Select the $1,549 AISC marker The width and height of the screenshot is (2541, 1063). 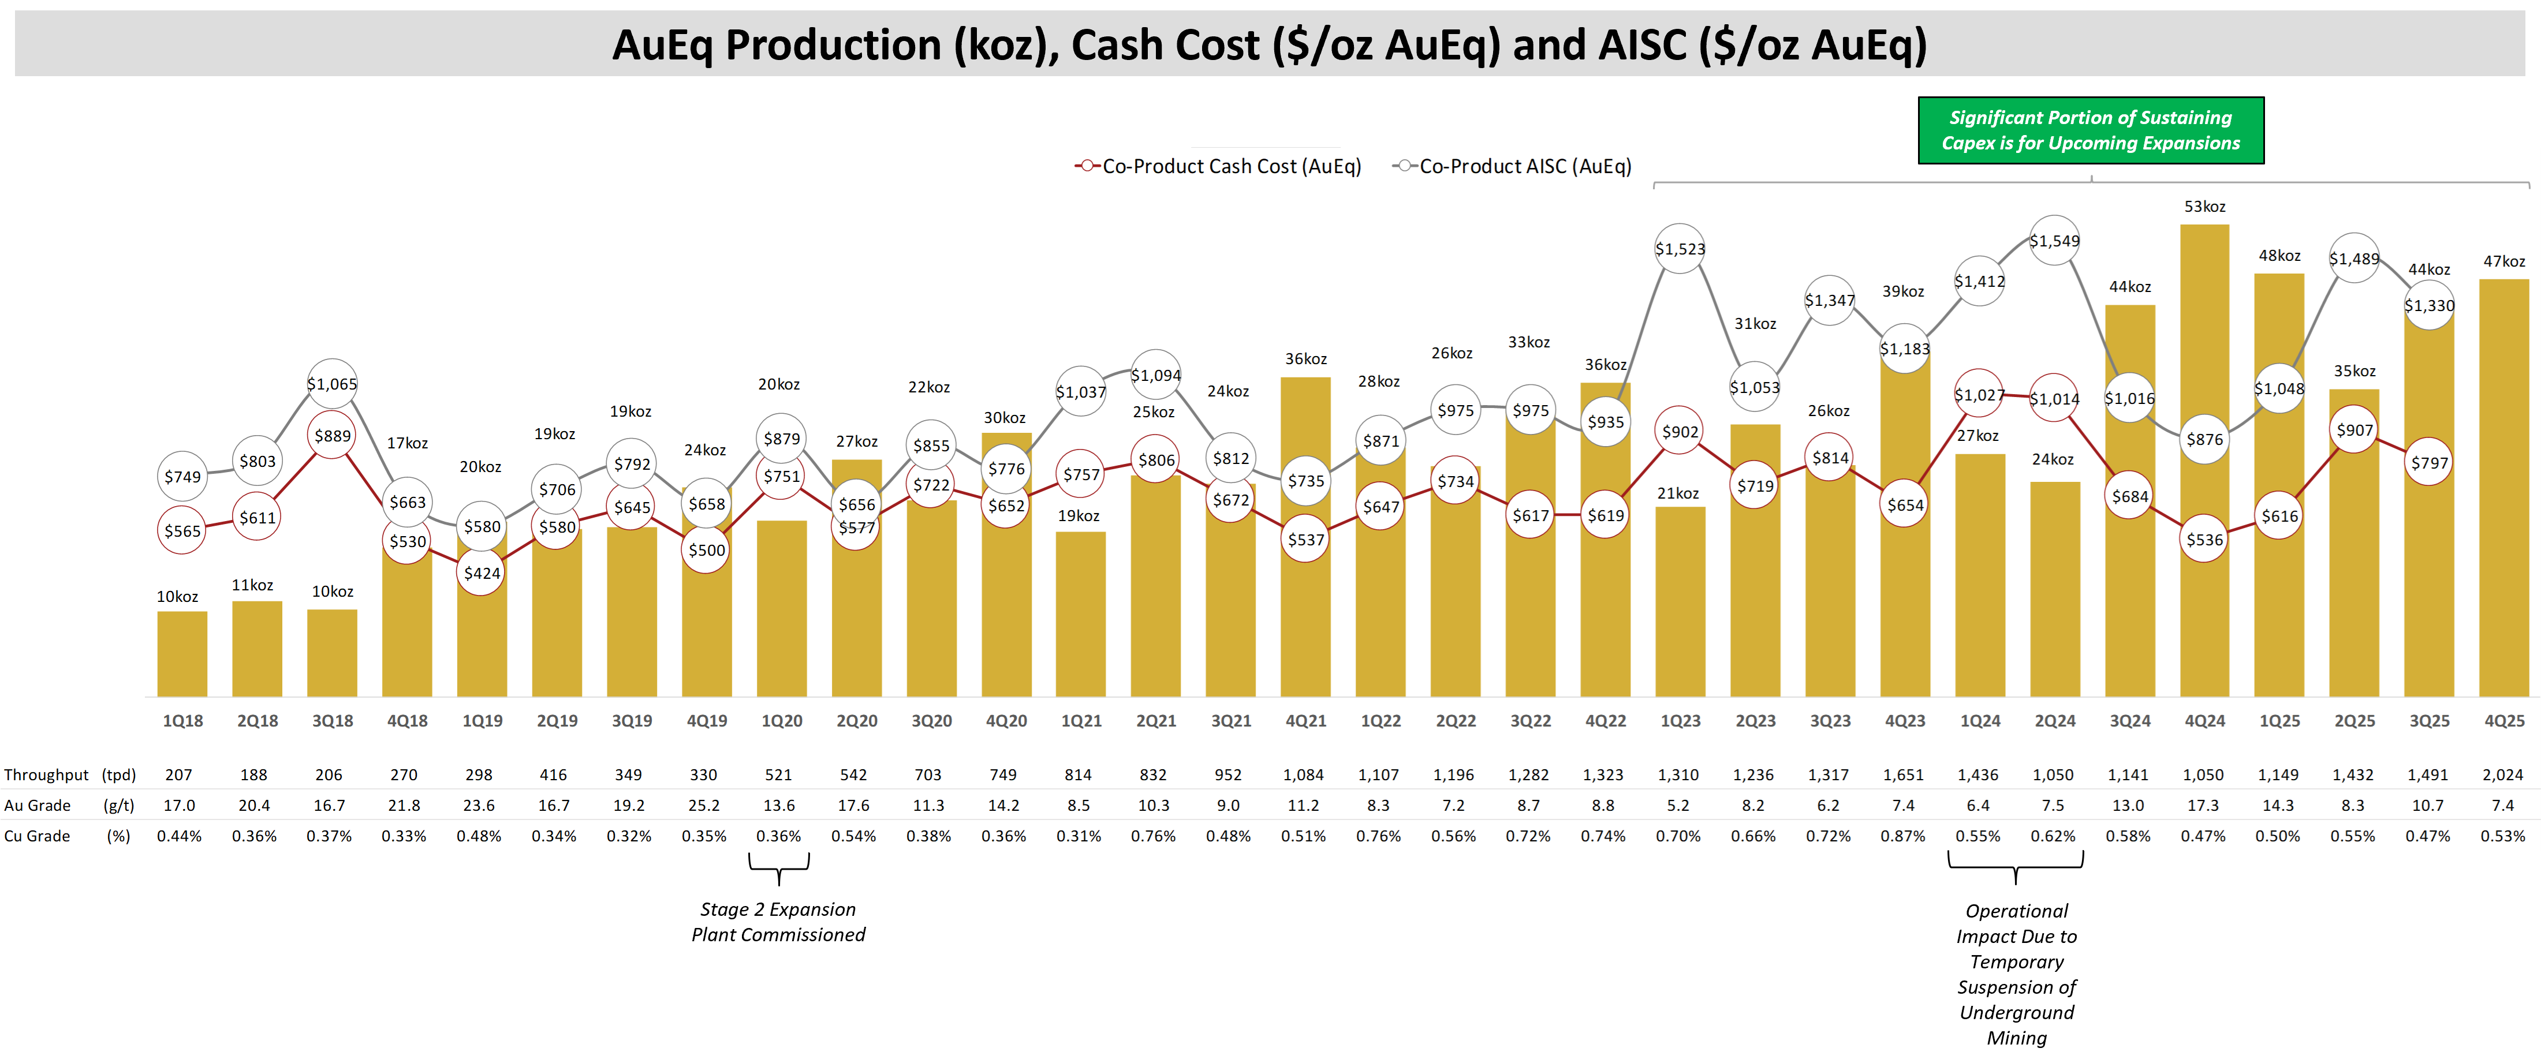point(2055,241)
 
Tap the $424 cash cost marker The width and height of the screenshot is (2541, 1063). point(482,573)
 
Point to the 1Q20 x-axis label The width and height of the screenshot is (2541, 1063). point(781,721)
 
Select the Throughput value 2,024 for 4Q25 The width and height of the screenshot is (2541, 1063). point(2502,775)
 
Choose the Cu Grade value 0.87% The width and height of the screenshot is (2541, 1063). point(1903,836)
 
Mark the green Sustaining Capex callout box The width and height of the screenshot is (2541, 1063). point(2090,130)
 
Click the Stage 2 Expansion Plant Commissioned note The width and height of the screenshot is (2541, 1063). point(778,922)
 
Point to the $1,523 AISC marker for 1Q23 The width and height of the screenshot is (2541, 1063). point(1680,249)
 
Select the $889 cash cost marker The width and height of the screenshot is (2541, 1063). point(333,436)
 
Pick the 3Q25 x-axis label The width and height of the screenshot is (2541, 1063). point(2428,721)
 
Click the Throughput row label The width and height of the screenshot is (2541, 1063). point(46,775)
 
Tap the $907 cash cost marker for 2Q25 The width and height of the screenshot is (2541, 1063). point(2355,430)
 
